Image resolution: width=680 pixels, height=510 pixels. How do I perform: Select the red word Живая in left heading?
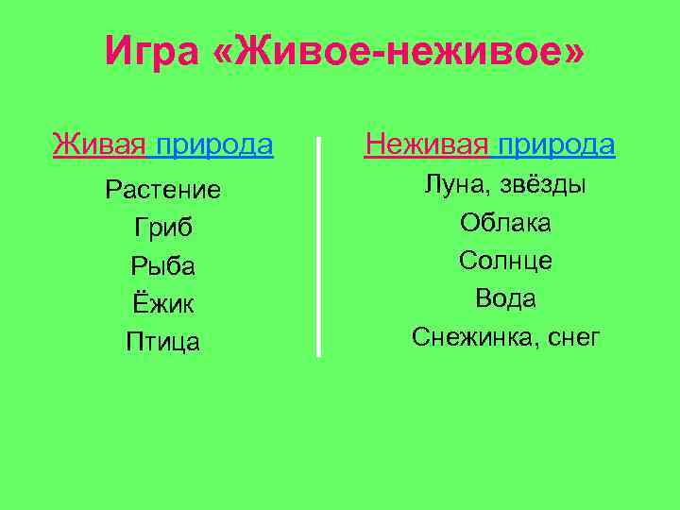(100, 144)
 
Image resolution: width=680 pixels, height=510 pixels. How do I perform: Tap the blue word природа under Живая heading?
(214, 144)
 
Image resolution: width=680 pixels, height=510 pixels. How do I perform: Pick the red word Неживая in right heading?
(427, 144)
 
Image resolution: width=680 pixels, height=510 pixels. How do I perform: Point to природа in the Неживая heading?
(556, 144)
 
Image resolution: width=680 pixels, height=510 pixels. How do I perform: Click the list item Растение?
(163, 191)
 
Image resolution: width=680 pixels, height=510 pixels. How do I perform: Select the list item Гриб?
(163, 229)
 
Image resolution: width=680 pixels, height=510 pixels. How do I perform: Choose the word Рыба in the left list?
(163, 267)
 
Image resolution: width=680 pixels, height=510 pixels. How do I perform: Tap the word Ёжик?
(163, 304)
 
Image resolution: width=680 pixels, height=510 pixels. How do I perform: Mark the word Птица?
(163, 342)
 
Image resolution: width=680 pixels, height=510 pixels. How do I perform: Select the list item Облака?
(506, 223)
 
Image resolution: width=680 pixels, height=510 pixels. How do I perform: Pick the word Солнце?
(506, 261)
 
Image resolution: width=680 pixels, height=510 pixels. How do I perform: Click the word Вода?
(506, 299)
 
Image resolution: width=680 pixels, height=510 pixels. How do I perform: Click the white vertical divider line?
(319, 246)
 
